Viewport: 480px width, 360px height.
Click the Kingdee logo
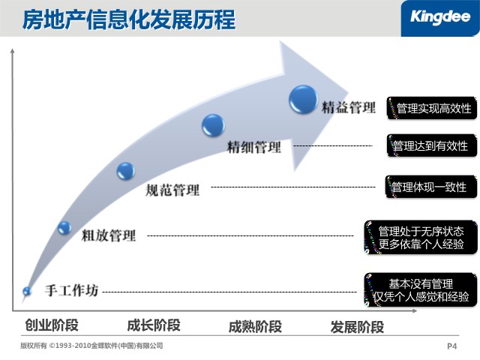[440, 17]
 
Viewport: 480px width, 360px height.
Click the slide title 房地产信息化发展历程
[129, 19]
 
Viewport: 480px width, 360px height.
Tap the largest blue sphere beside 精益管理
[303, 100]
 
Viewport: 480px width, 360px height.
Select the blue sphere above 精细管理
[213, 125]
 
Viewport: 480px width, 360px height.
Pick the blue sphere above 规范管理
[126, 171]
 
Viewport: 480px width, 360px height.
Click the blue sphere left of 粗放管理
[64, 228]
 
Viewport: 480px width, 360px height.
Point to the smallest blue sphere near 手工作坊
[27, 291]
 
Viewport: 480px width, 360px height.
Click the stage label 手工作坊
[72, 290]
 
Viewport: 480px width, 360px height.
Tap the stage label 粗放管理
[108, 235]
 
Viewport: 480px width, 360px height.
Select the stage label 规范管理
[172, 190]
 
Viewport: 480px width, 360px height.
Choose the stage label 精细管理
[253, 147]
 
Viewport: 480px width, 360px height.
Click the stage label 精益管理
[348, 107]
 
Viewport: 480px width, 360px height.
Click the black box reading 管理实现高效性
[432, 108]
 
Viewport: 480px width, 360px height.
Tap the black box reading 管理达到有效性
[432, 145]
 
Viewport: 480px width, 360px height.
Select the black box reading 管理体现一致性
[431, 187]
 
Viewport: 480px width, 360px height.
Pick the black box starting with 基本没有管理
[421, 289]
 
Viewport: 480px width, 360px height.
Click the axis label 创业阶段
[52, 325]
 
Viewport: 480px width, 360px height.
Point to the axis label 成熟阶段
[255, 327]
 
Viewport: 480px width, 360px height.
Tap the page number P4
[451, 346]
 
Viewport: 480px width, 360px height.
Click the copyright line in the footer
[91, 346]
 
